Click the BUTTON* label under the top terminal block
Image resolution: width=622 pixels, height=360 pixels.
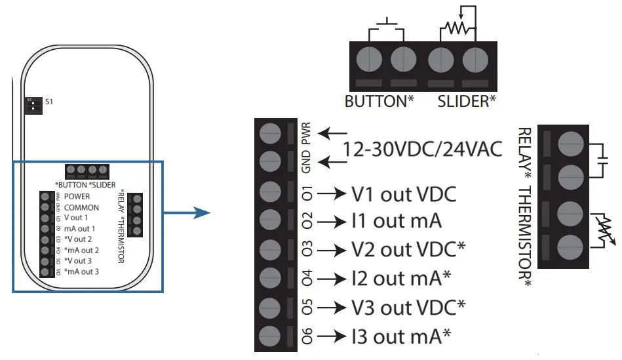point(378,102)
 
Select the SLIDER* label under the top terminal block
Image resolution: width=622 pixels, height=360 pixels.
point(467,102)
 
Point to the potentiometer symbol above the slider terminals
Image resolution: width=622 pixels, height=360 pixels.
point(457,26)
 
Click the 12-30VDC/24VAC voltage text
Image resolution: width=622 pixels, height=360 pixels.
point(423,150)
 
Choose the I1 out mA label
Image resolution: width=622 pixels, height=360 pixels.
point(397,221)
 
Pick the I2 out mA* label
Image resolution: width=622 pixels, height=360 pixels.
point(402,278)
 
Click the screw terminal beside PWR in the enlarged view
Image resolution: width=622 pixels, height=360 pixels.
point(270,134)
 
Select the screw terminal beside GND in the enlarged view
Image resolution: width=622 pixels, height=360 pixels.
point(270,161)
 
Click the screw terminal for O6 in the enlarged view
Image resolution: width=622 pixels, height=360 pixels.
point(270,336)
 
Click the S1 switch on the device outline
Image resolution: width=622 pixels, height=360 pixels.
point(30,104)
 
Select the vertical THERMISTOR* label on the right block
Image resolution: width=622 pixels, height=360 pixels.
point(525,237)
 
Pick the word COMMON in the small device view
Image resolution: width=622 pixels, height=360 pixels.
point(82,207)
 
